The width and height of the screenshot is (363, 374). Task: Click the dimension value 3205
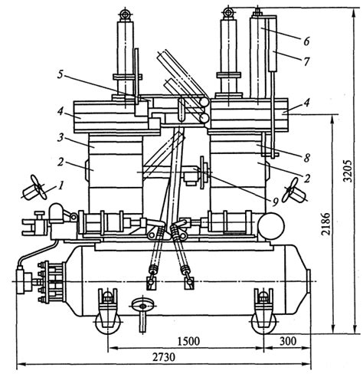click(348, 171)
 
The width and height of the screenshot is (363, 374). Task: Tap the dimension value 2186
click(326, 224)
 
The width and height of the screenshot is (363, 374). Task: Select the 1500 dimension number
click(188, 341)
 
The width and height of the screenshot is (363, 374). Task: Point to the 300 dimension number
click(288, 341)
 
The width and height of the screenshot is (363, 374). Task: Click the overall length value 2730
click(164, 357)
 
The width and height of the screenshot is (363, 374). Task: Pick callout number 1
click(60, 185)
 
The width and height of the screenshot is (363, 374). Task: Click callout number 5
click(60, 74)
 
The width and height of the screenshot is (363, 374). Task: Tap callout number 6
click(306, 41)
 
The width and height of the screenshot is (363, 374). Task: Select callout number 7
click(306, 61)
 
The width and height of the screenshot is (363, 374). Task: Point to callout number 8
click(306, 158)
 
